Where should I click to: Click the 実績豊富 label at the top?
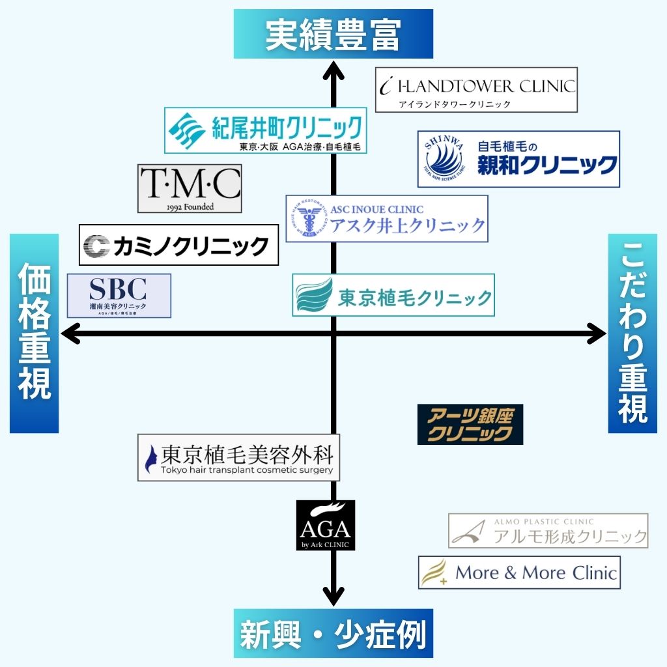tap(333, 34)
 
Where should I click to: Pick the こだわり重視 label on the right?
tap(632, 333)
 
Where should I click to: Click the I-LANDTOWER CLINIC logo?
tap(476, 90)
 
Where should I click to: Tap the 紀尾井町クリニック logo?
tap(265, 131)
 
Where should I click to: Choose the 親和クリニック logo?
tap(518, 159)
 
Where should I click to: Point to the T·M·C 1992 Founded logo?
tap(190, 188)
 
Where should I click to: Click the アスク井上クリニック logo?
tap(387, 219)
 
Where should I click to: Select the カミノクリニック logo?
tap(178, 245)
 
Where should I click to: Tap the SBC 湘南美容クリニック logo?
tap(119, 296)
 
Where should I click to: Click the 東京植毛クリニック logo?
tap(393, 295)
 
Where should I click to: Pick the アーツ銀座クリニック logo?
tap(470, 425)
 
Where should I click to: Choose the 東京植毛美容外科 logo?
tap(239, 458)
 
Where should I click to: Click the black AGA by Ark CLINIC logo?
tap(325, 525)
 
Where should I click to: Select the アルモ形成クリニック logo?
tap(548, 531)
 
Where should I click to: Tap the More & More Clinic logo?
tap(519, 573)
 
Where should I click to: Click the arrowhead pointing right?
tap(596, 334)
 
